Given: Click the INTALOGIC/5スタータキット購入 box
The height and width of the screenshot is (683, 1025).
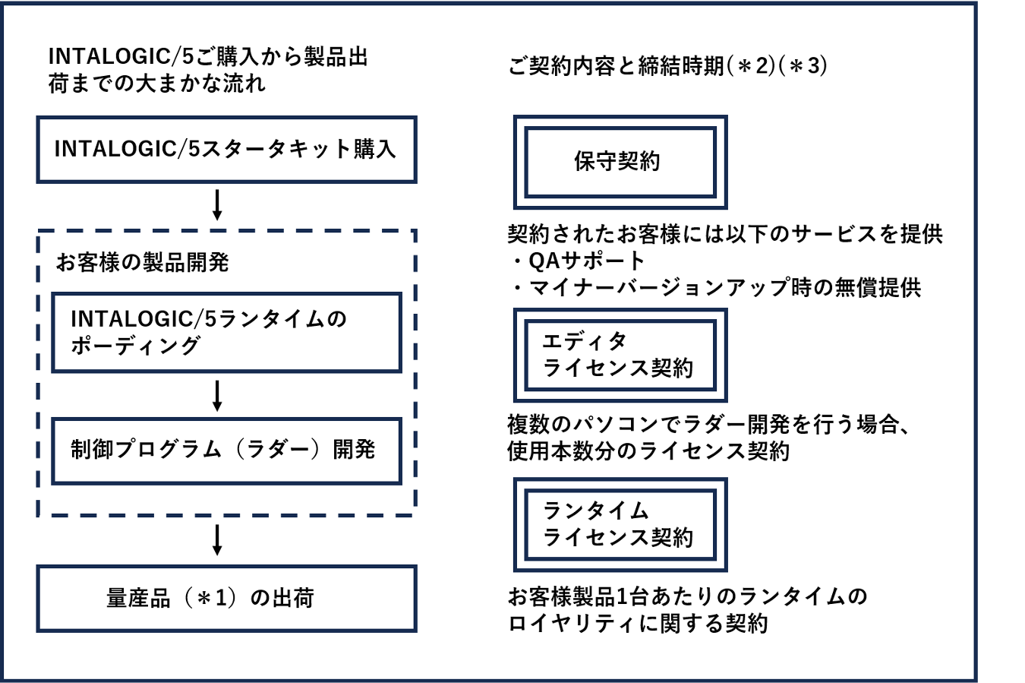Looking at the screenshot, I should coord(226,149).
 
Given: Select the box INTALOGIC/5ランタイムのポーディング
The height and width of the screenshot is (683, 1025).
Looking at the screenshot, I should coord(226,333).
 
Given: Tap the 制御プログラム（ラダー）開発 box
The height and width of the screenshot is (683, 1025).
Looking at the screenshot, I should coord(226,450).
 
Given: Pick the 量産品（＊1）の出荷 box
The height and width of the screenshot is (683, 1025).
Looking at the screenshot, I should coord(226,599).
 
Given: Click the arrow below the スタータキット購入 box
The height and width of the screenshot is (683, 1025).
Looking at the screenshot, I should coord(217,205).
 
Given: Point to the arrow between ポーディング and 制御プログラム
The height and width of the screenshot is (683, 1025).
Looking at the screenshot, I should coord(217,395).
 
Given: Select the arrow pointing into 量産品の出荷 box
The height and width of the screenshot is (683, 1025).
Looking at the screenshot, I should coord(217,539).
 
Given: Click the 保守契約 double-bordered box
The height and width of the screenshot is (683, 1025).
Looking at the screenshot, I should coord(620,162).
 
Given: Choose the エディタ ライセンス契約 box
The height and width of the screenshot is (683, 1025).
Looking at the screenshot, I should coord(620,355).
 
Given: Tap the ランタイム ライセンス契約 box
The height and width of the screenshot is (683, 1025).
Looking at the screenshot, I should coord(620,524).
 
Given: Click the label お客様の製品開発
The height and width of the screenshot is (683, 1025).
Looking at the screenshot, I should coord(143,263).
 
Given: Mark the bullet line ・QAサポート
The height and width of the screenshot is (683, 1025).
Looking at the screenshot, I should coord(577,261).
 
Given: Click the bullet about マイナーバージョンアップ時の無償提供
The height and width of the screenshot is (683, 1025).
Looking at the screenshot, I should coord(714,287).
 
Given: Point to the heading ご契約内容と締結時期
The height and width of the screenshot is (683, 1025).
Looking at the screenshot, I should coord(615,66).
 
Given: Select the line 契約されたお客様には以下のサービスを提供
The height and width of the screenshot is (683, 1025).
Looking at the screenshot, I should coord(724,234).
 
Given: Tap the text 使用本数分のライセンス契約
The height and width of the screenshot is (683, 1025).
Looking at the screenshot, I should coord(648,451).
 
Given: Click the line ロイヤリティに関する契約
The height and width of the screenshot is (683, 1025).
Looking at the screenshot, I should coord(638,624).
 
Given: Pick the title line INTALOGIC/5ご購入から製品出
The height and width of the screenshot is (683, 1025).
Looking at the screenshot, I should coord(208,57).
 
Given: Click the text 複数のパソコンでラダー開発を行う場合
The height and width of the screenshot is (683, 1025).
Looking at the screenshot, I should coord(708,424).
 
